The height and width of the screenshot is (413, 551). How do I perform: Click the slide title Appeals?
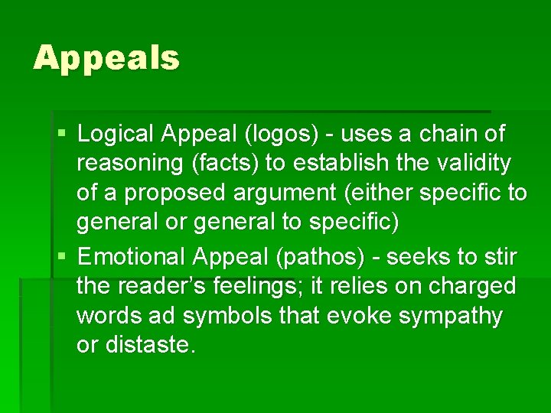point(106,58)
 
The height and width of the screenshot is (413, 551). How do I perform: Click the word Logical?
point(116,135)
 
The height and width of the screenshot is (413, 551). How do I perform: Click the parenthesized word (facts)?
point(232,164)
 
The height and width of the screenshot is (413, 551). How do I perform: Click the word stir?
point(500,256)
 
